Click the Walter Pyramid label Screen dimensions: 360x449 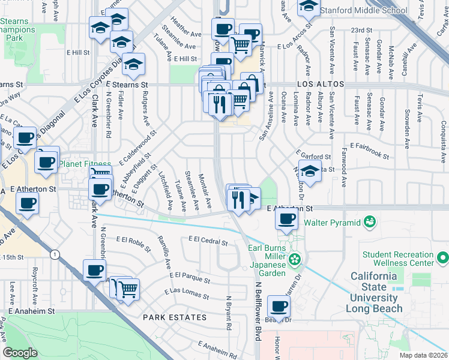coord(332,223)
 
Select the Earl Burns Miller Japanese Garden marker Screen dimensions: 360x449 coord(295,259)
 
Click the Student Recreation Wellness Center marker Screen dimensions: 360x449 coord(443,257)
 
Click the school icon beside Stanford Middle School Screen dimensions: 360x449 coord(309,7)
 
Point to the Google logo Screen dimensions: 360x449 coord(20,353)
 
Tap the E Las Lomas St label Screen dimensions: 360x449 coord(187,293)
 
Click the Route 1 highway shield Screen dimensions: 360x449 coord(55,255)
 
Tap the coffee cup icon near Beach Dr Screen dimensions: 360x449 coord(279,307)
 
